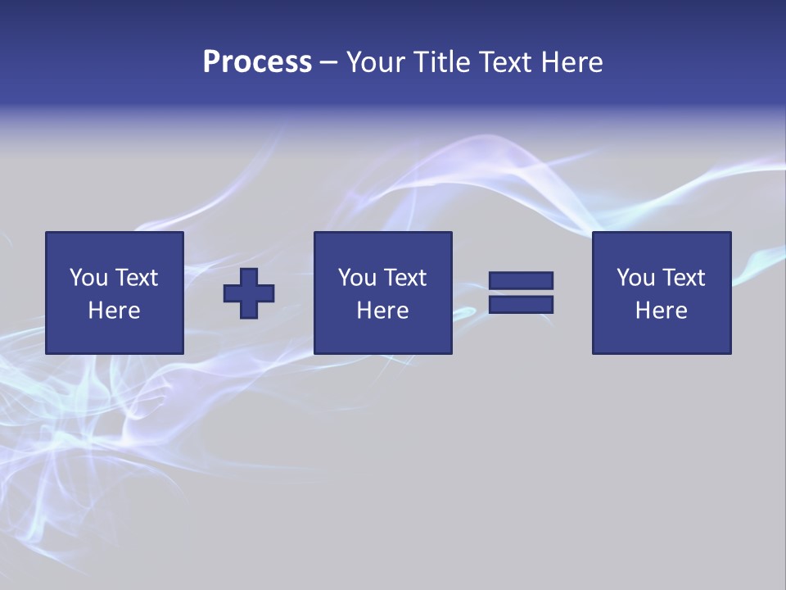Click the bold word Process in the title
tap(257, 62)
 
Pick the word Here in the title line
tap(572, 62)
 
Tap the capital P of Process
tap(211, 62)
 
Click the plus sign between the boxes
tap(249, 293)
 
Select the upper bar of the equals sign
tap(522, 280)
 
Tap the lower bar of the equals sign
tap(522, 304)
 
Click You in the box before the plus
tap(88, 278)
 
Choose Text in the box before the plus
tap(136, 278)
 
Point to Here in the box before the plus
tap(114, 311)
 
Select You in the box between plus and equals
tap(357, 278)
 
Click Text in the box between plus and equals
tap(404, 278)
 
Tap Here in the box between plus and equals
tap(382, 311)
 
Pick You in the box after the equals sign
tap(635, 278)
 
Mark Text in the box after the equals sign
tap(683, 278)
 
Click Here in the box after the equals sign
tap(661, 311)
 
